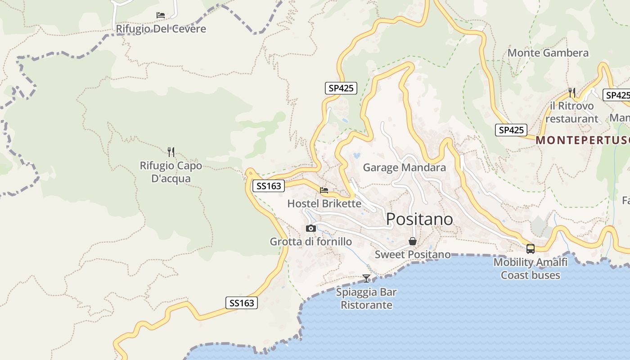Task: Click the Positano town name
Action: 419,219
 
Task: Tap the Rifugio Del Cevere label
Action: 161,29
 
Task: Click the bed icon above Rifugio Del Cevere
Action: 161,15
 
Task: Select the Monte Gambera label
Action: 548,53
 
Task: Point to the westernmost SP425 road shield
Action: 341,88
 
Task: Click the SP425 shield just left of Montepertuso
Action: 511,130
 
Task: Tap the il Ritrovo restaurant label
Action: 571,112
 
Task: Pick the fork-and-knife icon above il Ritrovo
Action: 571,93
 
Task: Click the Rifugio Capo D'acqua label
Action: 171,172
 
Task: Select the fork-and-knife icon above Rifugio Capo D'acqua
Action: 171,152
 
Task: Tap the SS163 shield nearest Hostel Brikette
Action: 269,186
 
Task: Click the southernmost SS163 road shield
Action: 242,303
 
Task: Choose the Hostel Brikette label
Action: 324,203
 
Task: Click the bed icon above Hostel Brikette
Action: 324,190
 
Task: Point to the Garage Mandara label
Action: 404,168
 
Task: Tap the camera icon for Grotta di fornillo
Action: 310,229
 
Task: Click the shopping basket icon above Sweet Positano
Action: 412,242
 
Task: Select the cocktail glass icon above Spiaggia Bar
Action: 366,279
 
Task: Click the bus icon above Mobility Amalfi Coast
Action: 531,248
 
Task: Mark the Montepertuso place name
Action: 582,140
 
